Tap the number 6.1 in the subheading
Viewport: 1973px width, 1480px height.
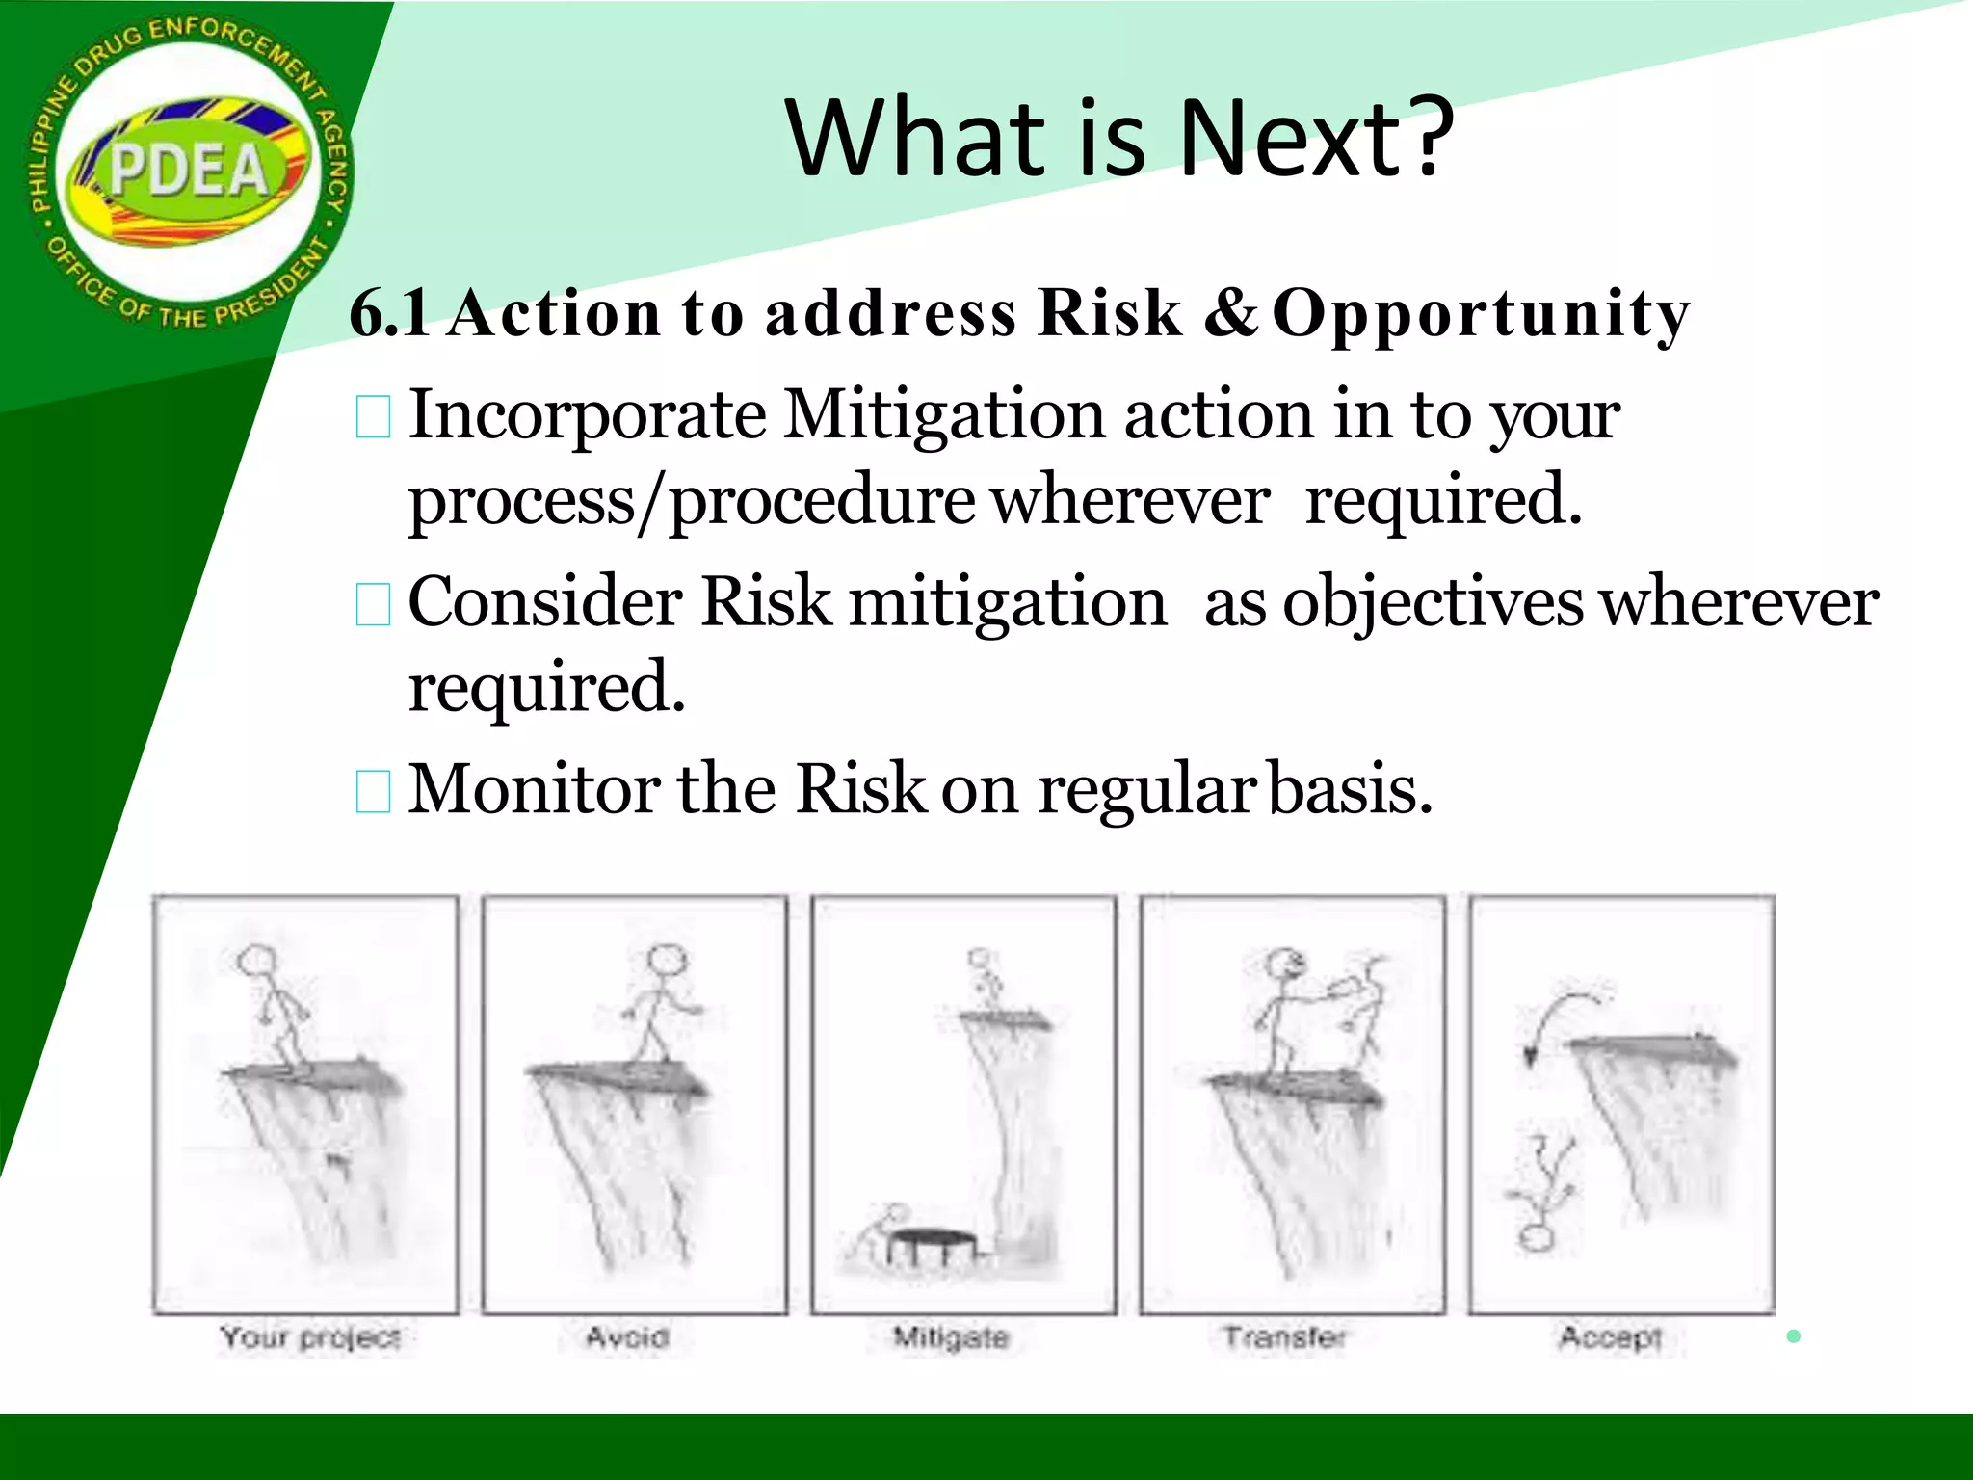(x=389, y=313)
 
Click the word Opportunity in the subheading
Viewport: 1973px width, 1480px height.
(x=1481, y=315)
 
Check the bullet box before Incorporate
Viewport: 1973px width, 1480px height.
(x=373, y=418)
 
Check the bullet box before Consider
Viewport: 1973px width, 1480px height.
(x=373, y=605)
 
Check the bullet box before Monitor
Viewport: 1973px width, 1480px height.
(x=373, y=792)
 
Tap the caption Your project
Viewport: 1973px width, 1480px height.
(x=310, y=1337)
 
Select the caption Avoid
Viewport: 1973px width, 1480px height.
(x=627, y=1337)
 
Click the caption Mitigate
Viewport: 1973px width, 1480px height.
(x=951, y=1337)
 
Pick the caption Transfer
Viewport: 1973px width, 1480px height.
(x=1284, y=1337)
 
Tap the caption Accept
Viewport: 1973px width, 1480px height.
(x=1611, y=1337)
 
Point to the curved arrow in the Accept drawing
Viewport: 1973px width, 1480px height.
(x=1556, y=1017)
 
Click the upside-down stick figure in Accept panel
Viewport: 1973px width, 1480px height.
(x=1541, y=1195)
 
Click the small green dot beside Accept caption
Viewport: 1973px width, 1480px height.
(x=1793, y=1335)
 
